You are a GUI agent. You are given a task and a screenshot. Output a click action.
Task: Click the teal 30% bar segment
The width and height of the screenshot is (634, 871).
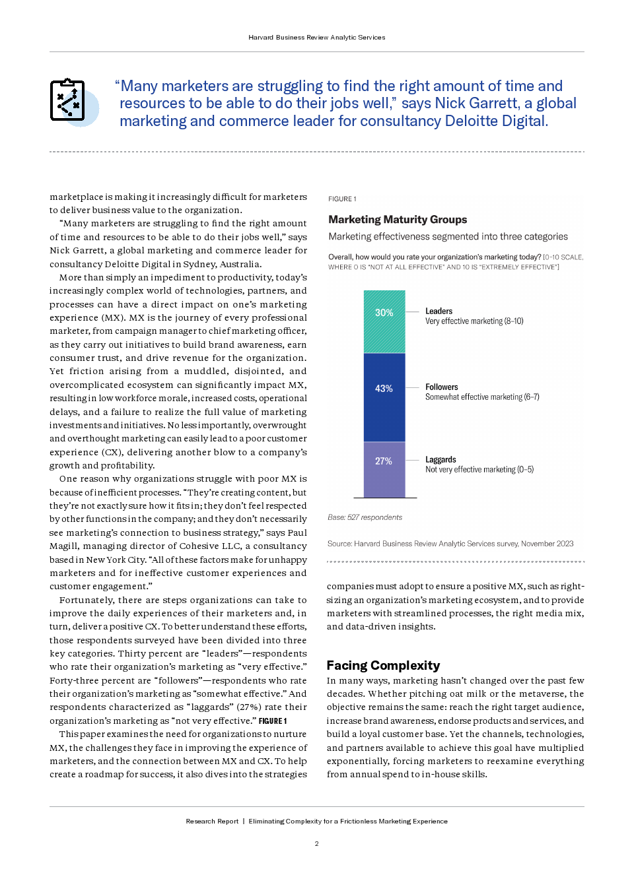click(384, 321)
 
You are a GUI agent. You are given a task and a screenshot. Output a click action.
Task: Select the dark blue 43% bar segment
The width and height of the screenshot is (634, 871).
click(384, 397)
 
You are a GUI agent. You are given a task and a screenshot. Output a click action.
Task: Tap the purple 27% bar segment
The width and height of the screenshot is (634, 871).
click(384, 469)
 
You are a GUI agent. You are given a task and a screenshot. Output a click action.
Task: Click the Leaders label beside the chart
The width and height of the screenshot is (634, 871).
click(439, 311)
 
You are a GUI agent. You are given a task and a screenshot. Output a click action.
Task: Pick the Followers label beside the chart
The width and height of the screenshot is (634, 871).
click(442, 387)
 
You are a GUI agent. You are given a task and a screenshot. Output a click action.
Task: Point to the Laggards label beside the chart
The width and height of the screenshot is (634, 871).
click(440, 459)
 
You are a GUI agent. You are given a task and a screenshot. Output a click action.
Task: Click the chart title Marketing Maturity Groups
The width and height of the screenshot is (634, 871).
click(398, 220)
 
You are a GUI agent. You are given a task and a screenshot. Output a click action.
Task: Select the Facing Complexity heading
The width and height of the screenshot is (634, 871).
click(383, 665)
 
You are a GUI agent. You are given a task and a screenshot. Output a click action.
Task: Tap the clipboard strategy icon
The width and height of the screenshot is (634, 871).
click(68, 100)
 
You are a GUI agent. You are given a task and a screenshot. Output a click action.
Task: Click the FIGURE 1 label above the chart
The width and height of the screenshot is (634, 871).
click(342, 199)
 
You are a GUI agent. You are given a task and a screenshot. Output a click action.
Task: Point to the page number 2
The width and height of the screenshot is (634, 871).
click(317, 843)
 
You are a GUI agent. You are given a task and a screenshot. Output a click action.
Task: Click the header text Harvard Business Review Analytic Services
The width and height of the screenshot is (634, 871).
click(317, 38)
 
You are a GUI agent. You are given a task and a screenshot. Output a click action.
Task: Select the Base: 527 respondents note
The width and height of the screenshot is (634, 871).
click(365, 517)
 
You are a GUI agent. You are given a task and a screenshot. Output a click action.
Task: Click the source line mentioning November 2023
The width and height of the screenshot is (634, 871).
click(450, 544)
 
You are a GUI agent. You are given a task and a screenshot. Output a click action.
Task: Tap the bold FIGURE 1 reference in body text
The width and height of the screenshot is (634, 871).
click(273, 721)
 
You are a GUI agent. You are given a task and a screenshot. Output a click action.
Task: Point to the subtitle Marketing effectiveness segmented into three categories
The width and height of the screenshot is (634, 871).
click(448, 237)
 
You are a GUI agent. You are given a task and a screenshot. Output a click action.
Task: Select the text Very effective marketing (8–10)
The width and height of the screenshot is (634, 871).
click(474, 321)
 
